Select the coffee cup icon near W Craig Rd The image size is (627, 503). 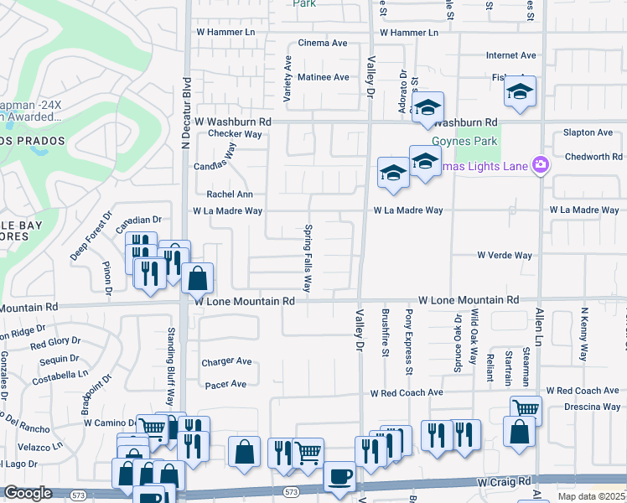click(x=339, y=476)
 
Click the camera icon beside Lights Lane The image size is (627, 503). click(x=541, y=165)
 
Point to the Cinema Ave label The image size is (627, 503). click(x=323, y=43)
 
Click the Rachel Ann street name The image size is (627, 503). click(x=230, y=194)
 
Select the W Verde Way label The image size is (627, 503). click(x=505, y=255)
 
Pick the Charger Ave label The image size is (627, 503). click(x=226, y=362)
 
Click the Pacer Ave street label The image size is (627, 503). click(x=225, y=384)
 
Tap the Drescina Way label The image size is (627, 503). click(x=593, y=407)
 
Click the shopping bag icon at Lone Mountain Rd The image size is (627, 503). click(x=197, y=277)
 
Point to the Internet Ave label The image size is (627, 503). click(x=510, y=55)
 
